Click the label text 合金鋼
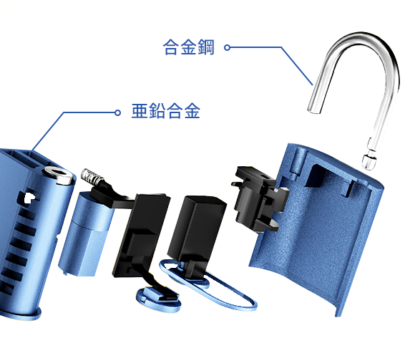pos(188,47)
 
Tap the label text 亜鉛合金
pos(166,111)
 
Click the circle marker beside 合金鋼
pos(227,48)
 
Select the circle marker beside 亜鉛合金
pos(117,113)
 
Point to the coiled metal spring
pos(91,176)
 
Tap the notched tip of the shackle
pos(369,160)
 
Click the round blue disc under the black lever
pos(158,299)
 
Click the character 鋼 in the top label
pos(207,47)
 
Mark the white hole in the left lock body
pos(29,197)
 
